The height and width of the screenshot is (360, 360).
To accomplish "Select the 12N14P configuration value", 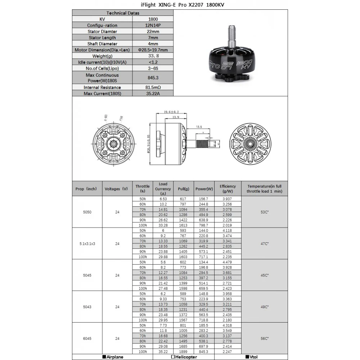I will click(153, 26).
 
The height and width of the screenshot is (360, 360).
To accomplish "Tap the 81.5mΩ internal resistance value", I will click(153, 87).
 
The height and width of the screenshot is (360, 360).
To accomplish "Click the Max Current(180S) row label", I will click(102, 94).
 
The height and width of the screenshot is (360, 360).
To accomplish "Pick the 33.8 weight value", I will click(153, 56).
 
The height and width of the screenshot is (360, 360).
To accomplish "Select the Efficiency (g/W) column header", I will click(228, 189).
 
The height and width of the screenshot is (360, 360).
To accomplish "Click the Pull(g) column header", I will click(184, 189).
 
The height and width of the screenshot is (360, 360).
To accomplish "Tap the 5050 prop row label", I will click(87, 212).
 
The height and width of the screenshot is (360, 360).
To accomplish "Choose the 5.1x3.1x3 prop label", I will click(87, 244).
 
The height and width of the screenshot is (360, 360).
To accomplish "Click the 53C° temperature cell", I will click(265, 212).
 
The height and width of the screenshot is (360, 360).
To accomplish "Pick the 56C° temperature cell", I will click(265, 338).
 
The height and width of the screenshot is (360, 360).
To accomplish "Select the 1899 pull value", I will click(184, 352).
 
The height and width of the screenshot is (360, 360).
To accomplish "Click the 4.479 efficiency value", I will click(228, 262).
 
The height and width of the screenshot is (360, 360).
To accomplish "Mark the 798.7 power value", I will click(204, 225).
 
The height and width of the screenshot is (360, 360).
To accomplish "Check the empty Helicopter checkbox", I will click(173, 357).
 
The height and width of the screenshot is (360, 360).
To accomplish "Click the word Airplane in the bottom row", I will click(115, 357).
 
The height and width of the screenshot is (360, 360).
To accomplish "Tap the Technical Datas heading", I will click(123, 13).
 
